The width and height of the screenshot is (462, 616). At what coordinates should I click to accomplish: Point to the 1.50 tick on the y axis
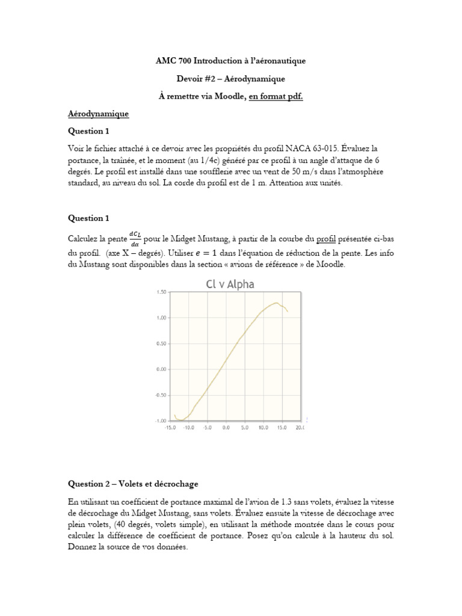click(161, 292)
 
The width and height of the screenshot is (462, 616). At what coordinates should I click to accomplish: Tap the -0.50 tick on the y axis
click(160, 395)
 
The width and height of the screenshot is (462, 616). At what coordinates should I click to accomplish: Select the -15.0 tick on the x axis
click(171, 428)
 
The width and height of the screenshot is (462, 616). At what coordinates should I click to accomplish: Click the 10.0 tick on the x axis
click(263, 428)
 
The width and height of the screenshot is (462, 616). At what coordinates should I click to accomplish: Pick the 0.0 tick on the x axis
click(226, 428)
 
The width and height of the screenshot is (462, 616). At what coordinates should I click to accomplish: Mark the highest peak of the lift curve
click(276, 303)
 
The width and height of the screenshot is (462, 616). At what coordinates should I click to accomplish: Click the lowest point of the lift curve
click(180, 420)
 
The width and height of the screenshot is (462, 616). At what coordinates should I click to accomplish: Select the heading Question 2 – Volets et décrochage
click(132, 484)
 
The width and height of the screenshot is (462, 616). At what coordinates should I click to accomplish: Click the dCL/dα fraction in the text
click(134, 239)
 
